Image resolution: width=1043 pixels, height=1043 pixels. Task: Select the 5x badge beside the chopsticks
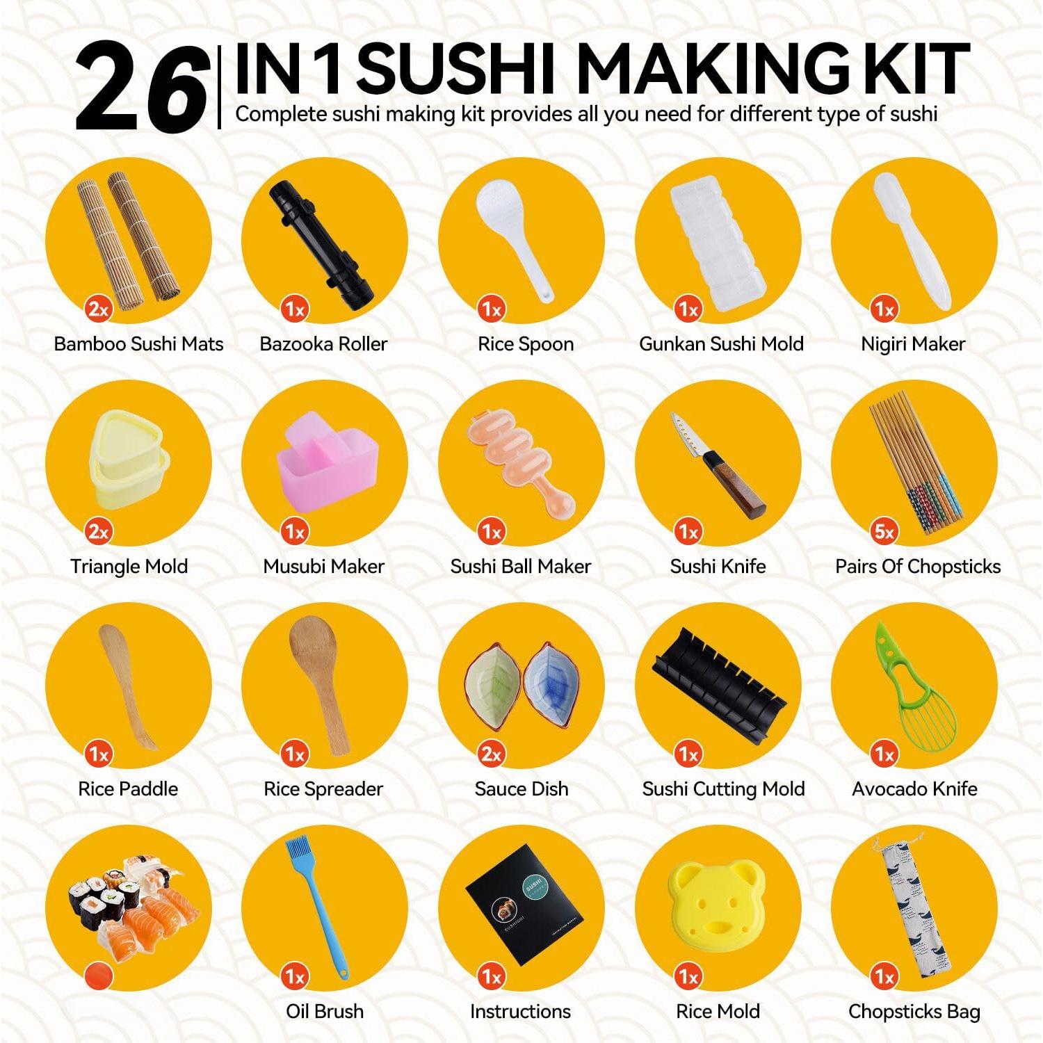click(884, 532)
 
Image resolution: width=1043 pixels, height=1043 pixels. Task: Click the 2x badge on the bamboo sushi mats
click(98, 309)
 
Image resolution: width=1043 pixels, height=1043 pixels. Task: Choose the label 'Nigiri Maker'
click(913, 344)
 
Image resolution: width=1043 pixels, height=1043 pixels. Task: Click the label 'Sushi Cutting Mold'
click(723, 789)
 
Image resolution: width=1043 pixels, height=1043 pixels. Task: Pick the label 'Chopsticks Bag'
click(914, 1012)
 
